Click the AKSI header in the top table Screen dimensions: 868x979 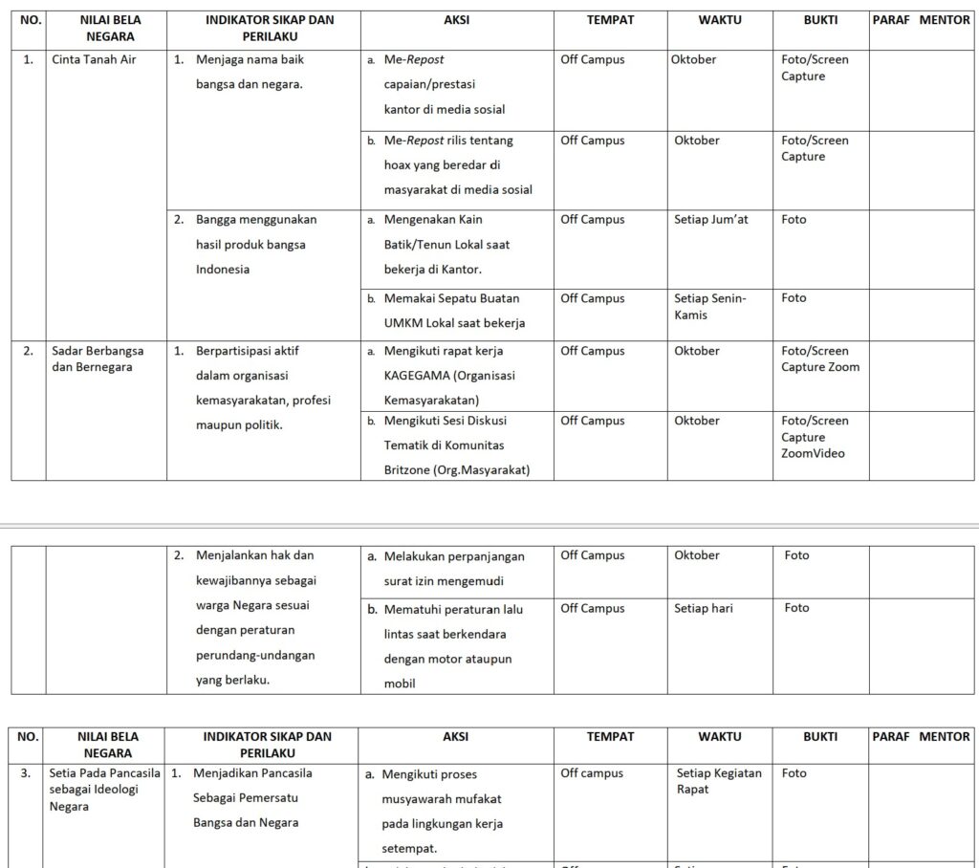[x=457, y=19]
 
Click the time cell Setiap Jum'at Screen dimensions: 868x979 [x=710, y=220]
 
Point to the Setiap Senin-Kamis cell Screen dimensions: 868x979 [x=709, y=306]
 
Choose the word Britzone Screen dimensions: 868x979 [x=408, y=470]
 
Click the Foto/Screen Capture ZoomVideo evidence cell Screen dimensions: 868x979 [x=814, y=437]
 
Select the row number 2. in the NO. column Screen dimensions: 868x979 [x=29, y=351]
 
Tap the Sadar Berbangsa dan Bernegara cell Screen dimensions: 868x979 [x=92, y=358]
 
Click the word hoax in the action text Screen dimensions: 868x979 [x=398, y=164]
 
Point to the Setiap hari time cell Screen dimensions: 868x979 [x=703, y=608]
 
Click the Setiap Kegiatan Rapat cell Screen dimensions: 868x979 [x=718, y=781]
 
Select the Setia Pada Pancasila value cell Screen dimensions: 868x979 [x=105, y=790]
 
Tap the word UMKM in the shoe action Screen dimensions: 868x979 [x=402, y=323]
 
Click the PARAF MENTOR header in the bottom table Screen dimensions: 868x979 [x=921, y=737]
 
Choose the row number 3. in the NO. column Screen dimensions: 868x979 [x=27, y=773]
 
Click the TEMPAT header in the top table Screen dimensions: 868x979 [x=610, y=19]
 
